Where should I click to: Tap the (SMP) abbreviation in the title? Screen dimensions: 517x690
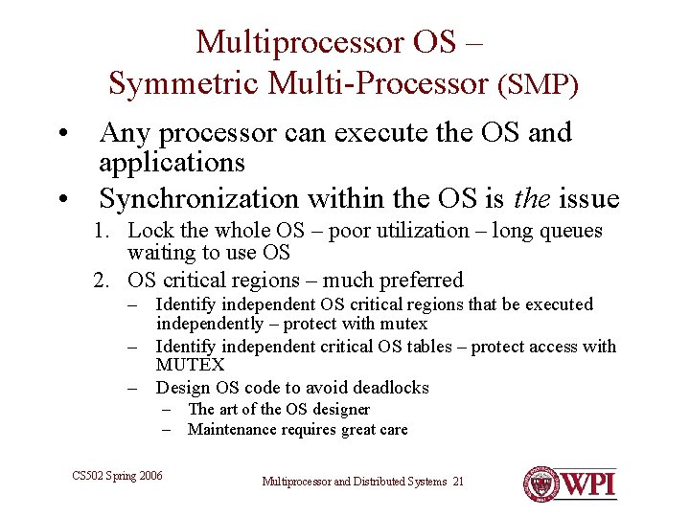(x=538, y=84)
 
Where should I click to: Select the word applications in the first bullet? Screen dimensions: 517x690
(x=172, y=163)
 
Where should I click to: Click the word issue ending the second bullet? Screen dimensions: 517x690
(x=587, y=198)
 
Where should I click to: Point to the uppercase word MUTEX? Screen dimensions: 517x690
(x=190, y=365)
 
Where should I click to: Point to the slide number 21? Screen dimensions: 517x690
(x=457, y=481)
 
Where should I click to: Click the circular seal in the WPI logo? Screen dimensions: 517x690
(x=541, y=484)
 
